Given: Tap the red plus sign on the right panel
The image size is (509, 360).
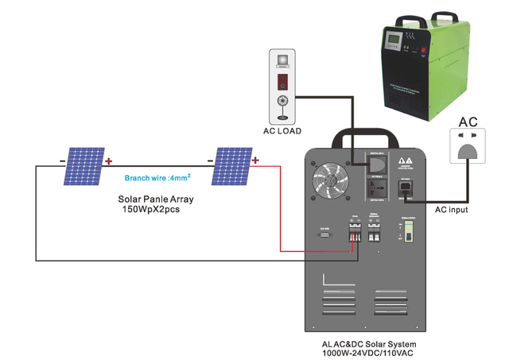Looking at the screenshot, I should [x=256, y=161].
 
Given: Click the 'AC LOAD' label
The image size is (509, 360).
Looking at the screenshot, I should [x=283, y=130].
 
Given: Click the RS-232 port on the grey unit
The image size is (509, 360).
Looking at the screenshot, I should [x=325, y=236].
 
